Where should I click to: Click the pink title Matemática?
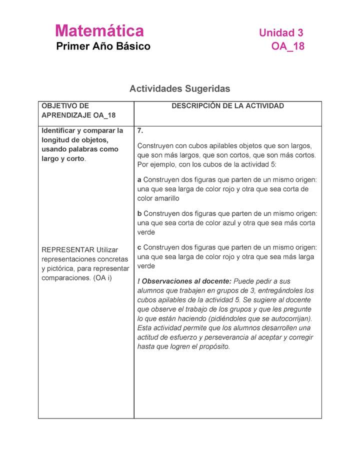99,31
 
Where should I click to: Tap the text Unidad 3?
281,33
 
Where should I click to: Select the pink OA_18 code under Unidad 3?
287,46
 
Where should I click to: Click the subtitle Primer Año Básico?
103,46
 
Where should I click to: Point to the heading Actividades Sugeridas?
179,88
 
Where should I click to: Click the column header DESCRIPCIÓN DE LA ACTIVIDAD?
227,106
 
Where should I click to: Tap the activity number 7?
140,131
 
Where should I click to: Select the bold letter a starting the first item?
139,179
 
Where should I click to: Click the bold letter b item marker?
139,213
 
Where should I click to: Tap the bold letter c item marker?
139,247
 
